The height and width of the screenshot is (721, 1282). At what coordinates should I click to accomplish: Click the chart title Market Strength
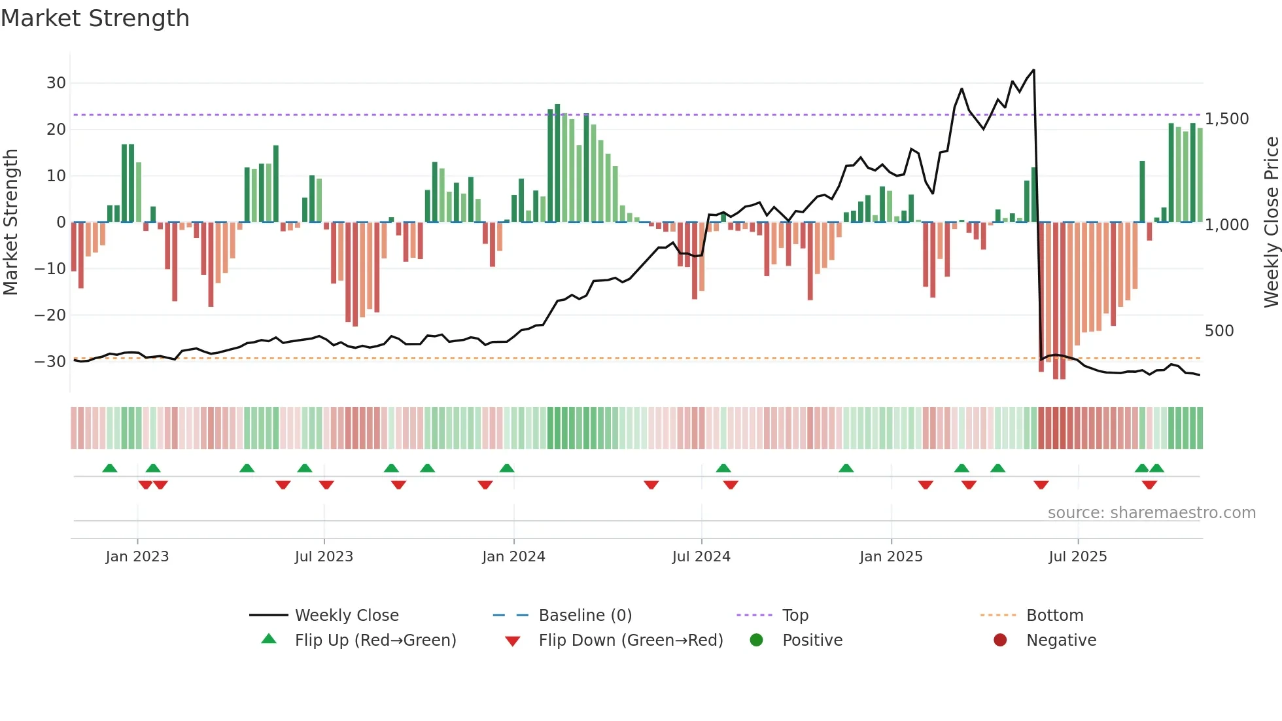pos(95,18)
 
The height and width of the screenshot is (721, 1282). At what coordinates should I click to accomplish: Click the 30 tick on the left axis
pos(56,83)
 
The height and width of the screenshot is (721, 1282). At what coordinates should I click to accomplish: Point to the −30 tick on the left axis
pos(51,361)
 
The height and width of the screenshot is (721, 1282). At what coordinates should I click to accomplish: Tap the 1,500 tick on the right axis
pos(1226,119)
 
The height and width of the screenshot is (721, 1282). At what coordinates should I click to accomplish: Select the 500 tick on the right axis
pos(1219,331)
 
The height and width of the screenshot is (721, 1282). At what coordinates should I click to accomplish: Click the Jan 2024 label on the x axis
pos(513,557)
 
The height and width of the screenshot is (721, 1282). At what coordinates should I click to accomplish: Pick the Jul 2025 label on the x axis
pos(1077,557)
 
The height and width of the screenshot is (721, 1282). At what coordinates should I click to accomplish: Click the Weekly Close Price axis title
pos(1271,222)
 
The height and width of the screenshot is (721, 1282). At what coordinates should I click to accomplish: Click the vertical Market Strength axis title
pos(11,222)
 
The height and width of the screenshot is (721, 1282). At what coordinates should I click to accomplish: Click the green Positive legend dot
pos(757,641)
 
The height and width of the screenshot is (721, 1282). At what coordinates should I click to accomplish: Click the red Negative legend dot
pos(1000,641)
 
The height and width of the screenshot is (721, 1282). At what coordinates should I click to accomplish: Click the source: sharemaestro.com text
pos(1151,513)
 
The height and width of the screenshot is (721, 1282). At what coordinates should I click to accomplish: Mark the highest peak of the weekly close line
pos(1033,70)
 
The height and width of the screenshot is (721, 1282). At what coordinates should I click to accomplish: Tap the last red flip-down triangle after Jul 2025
pos(1149,485)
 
